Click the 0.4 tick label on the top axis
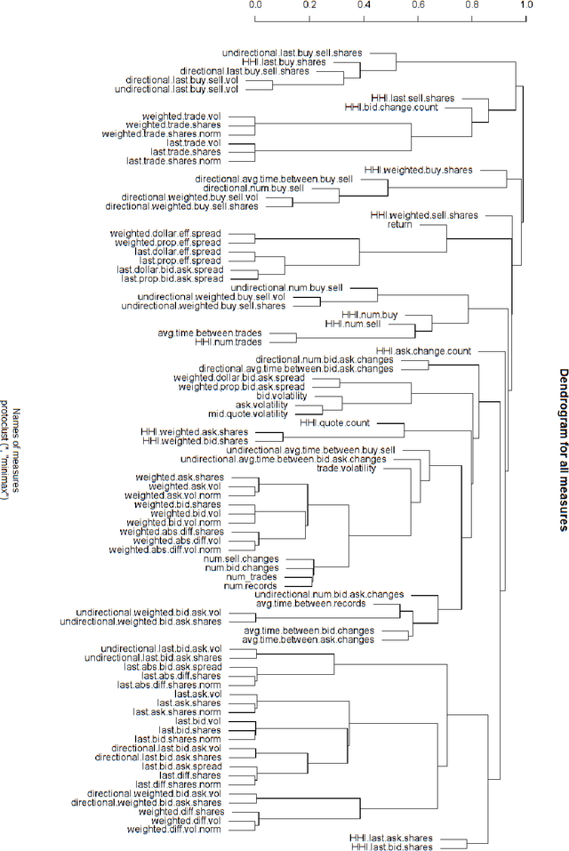[x=364, y=4]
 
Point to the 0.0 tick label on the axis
[x=255, y=4]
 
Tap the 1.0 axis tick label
[x=525, y=4]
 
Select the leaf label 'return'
[x=400, y=225]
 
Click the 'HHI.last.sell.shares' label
[x=413, y=98]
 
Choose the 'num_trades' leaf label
[x=254, y=577]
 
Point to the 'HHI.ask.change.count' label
[x=423, y=351]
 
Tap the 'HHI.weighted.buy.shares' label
[x=419, y=169]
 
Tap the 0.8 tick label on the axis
[x=471, y=4]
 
